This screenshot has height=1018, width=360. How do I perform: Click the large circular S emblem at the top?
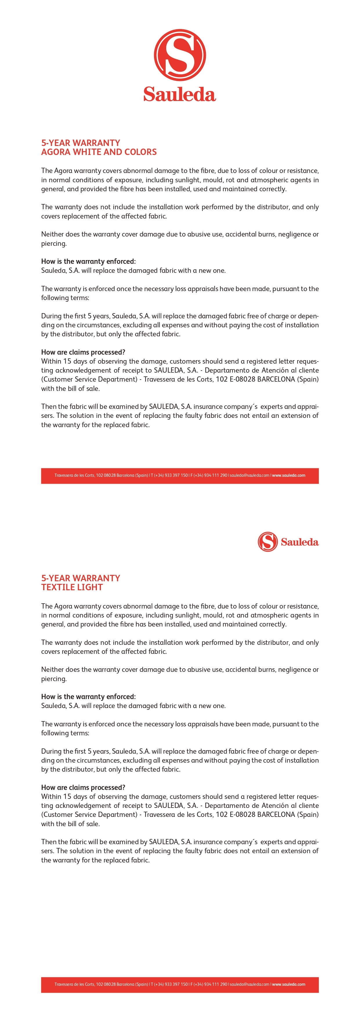point(180,55)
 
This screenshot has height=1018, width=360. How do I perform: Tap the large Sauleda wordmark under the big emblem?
point(180,94)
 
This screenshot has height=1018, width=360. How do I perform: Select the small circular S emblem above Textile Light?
point(267,542)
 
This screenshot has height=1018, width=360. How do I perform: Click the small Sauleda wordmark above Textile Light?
point(300,542)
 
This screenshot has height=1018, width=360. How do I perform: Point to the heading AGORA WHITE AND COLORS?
point(99,152)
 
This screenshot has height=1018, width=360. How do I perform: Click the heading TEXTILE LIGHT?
point(72,587)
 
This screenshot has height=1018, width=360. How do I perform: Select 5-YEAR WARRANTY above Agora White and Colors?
point(81,143)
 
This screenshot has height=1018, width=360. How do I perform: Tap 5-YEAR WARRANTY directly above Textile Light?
point(81,578)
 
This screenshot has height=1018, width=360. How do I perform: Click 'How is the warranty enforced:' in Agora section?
point(88,261)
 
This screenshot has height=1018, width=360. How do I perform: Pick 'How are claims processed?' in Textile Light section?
point(83,787)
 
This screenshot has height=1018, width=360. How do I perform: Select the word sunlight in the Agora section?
point(187,180)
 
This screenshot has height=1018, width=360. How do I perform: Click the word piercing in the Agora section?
point(53,244)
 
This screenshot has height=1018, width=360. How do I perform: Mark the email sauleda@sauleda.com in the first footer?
point(249,475)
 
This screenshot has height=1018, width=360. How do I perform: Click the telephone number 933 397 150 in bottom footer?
point(176,984)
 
